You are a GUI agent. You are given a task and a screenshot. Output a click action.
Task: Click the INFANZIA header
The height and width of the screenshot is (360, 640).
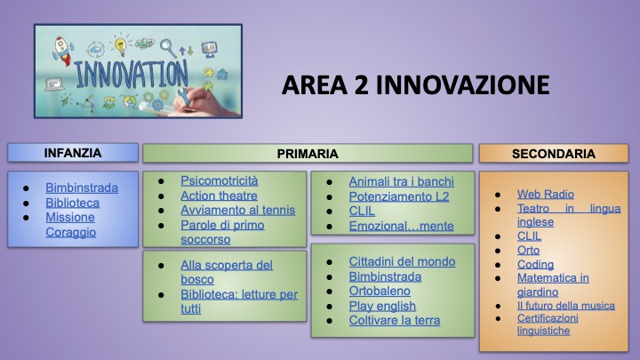[x=73, y=153]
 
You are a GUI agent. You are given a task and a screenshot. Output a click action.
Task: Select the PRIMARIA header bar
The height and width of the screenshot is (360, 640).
[x=308, y=154]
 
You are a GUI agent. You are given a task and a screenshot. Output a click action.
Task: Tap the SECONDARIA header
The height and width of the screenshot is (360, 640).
[x=554, y=154]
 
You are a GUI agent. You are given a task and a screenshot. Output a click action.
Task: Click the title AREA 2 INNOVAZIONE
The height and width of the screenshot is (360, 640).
[x=415, y=85]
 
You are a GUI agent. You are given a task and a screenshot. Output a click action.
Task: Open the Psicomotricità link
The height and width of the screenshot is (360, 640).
[x=220, y=180]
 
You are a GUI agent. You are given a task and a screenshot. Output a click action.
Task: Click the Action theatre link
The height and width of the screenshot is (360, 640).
[x=219, y=196]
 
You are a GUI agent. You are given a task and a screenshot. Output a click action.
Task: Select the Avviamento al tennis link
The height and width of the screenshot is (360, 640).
[x=238, y=210]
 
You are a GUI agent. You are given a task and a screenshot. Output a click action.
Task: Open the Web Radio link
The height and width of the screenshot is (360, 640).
[x=545, y=195]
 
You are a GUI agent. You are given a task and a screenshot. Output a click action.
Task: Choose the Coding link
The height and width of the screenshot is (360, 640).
[x=535, y=265]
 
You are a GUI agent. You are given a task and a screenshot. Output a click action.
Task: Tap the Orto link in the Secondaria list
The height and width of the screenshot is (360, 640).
[x=528, y=250]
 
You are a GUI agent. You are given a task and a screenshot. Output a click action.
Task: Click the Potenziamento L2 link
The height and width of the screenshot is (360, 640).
[x=399, y=196]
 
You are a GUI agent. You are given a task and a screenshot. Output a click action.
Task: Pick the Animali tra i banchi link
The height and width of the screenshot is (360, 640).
[x=401, y=181]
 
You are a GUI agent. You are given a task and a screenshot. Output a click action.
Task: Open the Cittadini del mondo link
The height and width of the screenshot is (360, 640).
[x=402, y=261]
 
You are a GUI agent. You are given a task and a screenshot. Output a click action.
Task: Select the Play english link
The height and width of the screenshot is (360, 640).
[x=382, y=306]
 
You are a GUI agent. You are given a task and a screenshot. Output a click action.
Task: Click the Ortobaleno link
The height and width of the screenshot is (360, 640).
[x=380, y=291]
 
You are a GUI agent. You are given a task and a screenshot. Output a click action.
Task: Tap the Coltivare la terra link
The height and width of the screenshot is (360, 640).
[x=395, y=320]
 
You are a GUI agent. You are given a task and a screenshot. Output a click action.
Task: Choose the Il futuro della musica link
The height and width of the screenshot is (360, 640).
[x=565, y=306]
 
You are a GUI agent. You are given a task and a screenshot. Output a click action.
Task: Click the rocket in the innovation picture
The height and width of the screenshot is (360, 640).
[x=62, y=50]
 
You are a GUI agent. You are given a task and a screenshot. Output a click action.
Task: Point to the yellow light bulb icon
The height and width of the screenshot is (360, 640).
[x=120, y=45]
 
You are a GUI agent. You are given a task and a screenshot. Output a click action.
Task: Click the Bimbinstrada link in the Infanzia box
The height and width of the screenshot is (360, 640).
[x=82, y=188]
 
